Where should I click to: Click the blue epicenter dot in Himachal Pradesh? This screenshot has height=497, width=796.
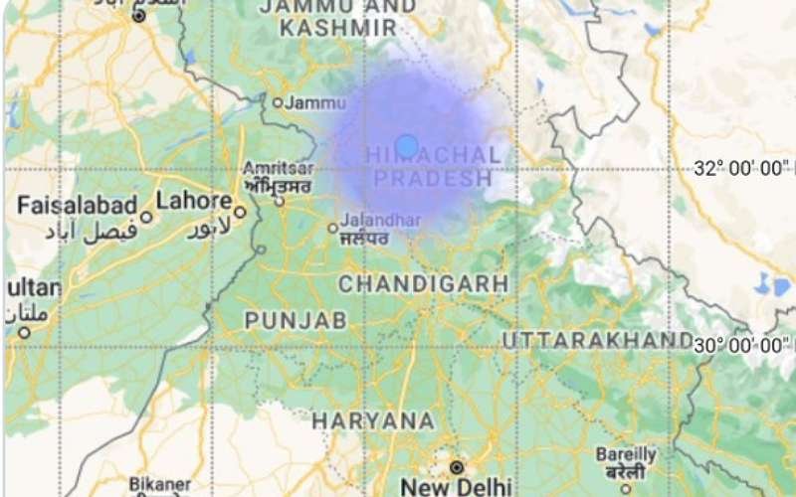tap(406, 147)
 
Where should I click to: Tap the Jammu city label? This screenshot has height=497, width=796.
tap(316, 101)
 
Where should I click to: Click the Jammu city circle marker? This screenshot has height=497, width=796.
tap(279, 101)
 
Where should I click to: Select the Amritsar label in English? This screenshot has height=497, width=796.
tap(280, 168)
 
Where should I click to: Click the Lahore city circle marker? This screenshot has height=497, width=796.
tap(240, 212)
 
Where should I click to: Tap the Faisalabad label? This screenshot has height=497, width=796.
tap(77, 205)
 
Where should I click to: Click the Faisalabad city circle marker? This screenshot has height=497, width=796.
tap(146, 217)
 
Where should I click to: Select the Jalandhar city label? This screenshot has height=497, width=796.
tap(380, 220)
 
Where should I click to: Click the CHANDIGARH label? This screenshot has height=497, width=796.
tap(424, 284)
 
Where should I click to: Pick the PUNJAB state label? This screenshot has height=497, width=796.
tap(296, 320)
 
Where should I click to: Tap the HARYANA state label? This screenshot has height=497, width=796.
tap(373, 421)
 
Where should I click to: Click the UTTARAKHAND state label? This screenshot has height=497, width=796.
tap(597, 341)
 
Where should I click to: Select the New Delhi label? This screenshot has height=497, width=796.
tap(456, 486)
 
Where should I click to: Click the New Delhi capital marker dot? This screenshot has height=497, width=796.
tap(457, 466)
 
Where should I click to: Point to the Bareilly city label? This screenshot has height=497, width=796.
tap(626, 453)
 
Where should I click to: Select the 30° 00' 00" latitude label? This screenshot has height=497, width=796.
tap(743, 345)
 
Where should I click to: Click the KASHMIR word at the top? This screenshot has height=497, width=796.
tap(338, 28)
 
